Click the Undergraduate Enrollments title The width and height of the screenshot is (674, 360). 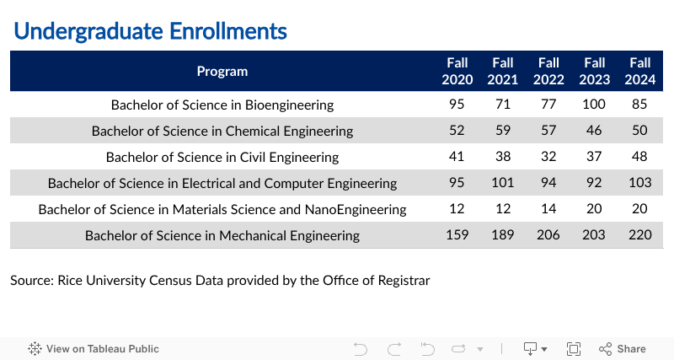click(x=150, y=31)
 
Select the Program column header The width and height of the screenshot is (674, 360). click(x=222, y=71)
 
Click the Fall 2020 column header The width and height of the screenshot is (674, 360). click(x=457, y=71)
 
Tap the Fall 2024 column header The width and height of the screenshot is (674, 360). click(x=640, y=71)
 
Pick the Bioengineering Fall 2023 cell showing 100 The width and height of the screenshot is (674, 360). click(x=594, y=105)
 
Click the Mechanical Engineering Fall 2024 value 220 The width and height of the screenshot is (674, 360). click(x=639, y=235)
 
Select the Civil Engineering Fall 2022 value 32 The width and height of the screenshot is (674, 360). click(x=548, y=157)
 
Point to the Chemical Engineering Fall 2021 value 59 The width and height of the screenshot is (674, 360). click(x=502, y=131)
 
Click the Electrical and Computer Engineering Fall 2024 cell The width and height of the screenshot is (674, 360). click(x=639, y=183)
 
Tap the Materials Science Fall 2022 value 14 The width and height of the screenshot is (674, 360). click(x=548, y=209)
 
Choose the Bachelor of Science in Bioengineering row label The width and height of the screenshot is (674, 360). click(x=222, y=105)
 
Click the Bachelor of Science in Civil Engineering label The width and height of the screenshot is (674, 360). click(x=222, y=158)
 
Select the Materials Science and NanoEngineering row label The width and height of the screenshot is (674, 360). click(x=222, y=210)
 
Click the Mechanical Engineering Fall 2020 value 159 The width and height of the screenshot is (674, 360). click(x=457, y=235)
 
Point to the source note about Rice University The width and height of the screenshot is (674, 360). click(x=220, y=280)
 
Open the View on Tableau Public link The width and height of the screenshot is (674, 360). click(x=94, y=349)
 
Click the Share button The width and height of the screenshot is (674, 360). click(x=623, y=349)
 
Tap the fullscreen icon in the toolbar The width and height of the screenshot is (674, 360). click(x=574, y=349)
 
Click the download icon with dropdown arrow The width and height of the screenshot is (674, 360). click(x=535, y=349)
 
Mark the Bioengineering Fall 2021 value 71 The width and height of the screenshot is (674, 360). click(x=502, y=105)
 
